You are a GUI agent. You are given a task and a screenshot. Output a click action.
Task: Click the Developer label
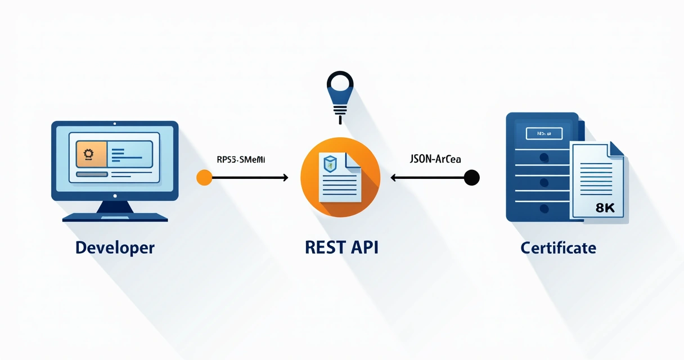pyautogui.click(x=115, y=247)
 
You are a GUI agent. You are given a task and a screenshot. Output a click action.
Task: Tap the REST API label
pyautogui.click(x=341, y=247)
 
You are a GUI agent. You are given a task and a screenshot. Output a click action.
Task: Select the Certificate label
pyautogui.click(x=558, y=247)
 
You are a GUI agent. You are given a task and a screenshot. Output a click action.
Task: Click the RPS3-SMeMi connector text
pyautogui.click(x=241, y=160)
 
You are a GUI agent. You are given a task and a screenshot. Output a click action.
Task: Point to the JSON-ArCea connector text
pyautogui.click(x=435, y=160)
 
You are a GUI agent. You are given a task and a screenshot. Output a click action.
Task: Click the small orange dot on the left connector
pyautogui.click(x=204, y=178)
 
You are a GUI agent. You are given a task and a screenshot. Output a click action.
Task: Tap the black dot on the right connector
pyautogui.click(x=471, y=178)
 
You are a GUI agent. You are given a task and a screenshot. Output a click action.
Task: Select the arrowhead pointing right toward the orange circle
pyautogui.click(x=285, y=178)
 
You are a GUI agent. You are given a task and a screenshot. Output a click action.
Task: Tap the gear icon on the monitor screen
pyautogui.click(x=88, y=154)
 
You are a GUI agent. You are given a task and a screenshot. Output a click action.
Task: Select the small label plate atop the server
pyautogui.click(x=543, y=133)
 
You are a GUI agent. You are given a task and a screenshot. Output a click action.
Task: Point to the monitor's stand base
pyautogui.click(x=115, y=217)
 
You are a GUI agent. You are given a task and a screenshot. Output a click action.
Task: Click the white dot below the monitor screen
pyautogui.click(x=115, y=196)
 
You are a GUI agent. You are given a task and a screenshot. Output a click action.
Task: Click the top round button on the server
pyautogui.click(x=543, y=157)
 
